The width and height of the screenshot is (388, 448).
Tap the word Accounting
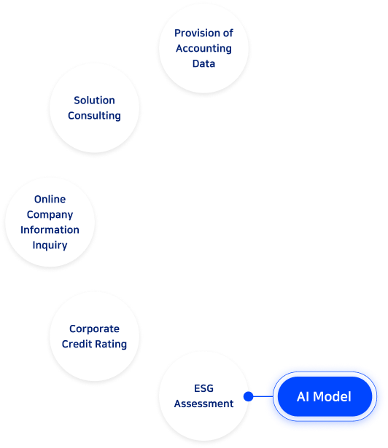tap(203, 49)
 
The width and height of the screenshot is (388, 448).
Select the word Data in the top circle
tap(203, 63)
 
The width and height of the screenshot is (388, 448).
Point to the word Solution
tap(94, 101)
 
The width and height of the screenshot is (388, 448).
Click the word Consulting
tap(94, 116)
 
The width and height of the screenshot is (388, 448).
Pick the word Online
tap(50, 199)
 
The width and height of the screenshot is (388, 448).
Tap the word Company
tap(50, 215)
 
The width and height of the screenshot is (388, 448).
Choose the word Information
tap(50, 229)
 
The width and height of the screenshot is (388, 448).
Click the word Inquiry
tap(50, 245)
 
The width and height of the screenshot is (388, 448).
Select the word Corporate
tap(94, 329)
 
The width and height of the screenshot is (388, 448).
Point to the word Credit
tap(77, 344)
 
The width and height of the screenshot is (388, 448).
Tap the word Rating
tap(111, 345)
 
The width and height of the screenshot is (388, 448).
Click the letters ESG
tap(203, 388)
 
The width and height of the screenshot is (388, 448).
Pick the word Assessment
tap(203, 404)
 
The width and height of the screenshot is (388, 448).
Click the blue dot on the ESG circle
tap(249, 396)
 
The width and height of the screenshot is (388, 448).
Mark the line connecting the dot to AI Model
tap(263, 396)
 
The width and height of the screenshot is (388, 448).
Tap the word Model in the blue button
tap(332, 396)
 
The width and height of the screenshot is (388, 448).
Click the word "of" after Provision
tap(228, 33)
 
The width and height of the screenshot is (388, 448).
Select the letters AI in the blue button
tap(303, 396)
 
